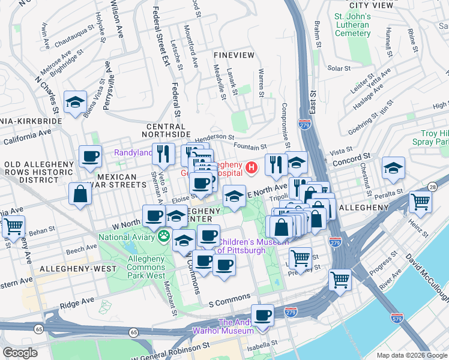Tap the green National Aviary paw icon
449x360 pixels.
(163, 236)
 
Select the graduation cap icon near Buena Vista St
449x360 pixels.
(76, 102)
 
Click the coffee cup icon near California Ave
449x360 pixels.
(91, 157)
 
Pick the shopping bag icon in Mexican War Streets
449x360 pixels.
(80, 194)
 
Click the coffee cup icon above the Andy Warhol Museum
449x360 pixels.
(262, 314)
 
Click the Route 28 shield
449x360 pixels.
(432, 187)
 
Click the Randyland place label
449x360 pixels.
(133, 153)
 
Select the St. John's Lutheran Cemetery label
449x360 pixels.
(352, 25)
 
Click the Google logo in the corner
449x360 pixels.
(20, 353)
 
